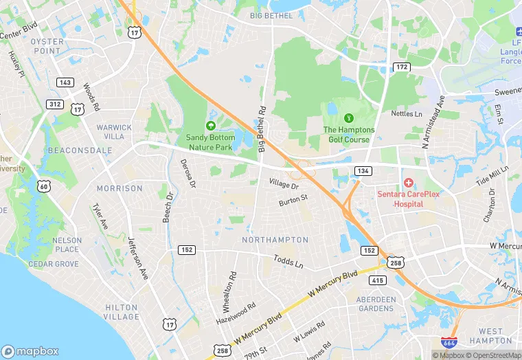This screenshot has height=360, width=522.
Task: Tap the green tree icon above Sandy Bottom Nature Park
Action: [210, 125]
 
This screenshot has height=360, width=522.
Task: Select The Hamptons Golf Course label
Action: [349, 135]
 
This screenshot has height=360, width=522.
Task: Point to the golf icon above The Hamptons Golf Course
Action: [348, 117]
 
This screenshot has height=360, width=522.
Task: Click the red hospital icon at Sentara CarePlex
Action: [409, 183]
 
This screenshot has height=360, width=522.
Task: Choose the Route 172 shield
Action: [402, 67]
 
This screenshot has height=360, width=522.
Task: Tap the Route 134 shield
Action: [363, 170]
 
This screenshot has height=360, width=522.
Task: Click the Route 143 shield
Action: [65, 82]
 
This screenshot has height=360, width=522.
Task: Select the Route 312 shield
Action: [55, 104]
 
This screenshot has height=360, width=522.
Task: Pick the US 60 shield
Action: [44, 186]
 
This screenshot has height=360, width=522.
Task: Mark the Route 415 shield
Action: [377, 280]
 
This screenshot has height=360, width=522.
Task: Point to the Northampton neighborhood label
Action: [275, 240]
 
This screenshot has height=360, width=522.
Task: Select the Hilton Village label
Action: [122, 312]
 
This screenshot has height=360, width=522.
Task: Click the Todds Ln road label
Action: [288, 261]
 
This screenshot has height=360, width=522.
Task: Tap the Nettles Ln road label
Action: [407, 113]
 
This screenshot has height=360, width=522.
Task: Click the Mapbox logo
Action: [31, 350]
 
